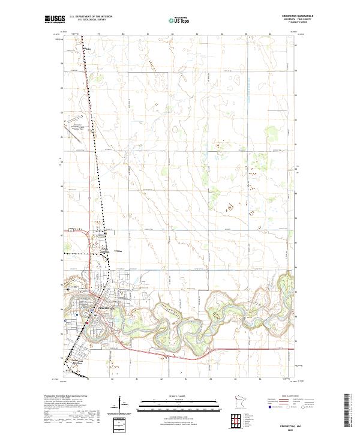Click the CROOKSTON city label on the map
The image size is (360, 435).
tap(105, 307)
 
